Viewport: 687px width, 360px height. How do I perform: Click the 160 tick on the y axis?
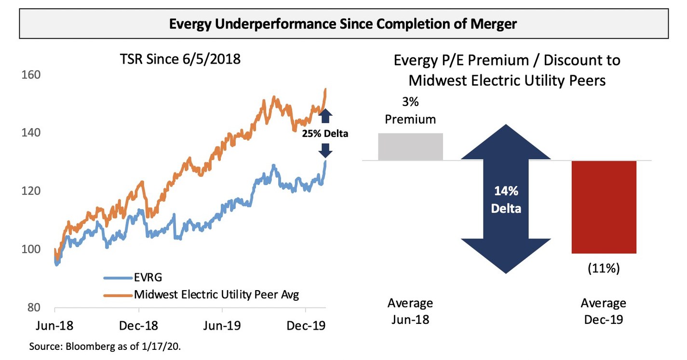coord(30,75)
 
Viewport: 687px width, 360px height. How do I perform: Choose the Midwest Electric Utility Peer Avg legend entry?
coord(216,294)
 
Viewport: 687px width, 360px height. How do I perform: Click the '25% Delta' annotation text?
coord(325,134)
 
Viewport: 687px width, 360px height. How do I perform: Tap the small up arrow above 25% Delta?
coord(325,117)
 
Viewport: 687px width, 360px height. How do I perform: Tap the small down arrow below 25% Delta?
coord(325,151)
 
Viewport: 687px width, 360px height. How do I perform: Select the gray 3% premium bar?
coord(410,147)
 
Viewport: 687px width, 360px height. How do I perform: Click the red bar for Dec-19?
coord(604,207)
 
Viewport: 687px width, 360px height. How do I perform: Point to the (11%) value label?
coord(603,268)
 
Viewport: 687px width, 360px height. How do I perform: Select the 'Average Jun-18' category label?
coord(410,311)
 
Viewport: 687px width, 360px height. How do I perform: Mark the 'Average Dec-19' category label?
coord(603,311)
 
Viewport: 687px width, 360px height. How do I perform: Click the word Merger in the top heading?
coord(493,24)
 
